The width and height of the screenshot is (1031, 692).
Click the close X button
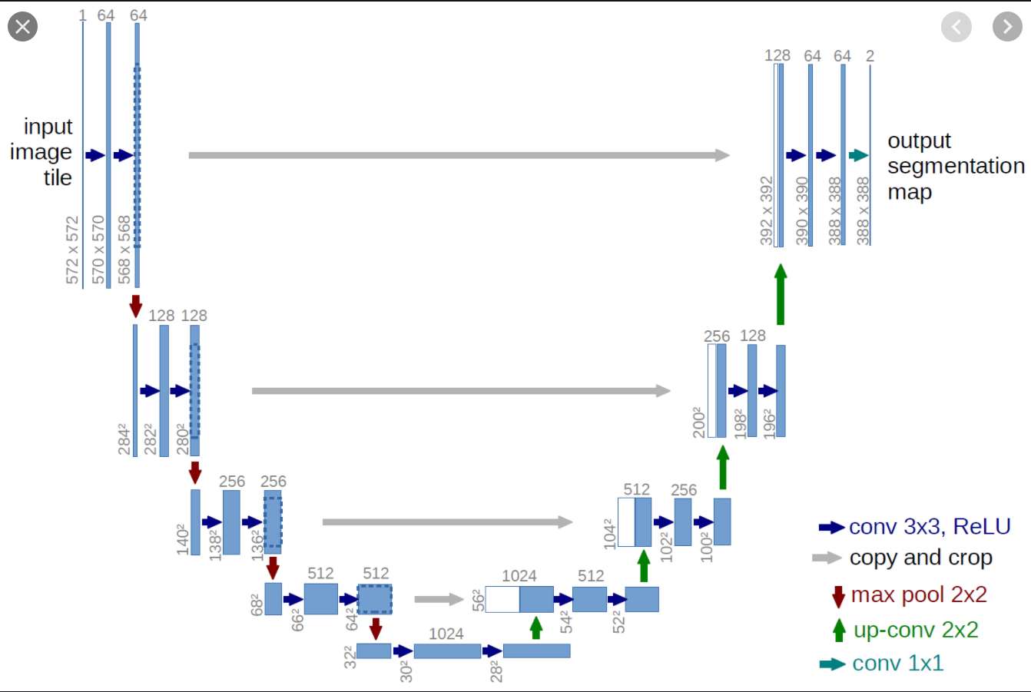[22, 27]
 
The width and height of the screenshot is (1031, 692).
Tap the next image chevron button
[1007, 27]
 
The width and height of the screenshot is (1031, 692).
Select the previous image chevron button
[956, 27]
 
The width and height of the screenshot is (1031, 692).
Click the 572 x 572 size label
[72, 250]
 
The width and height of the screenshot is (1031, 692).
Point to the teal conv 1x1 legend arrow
[833, 664]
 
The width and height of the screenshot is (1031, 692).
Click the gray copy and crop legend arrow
[827, 558]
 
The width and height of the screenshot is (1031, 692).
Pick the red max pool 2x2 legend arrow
[839, 597]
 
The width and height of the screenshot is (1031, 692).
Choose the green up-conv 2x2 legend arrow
[839, 630]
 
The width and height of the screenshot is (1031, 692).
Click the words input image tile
[41, 152]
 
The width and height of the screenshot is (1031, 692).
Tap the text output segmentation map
[956, 167]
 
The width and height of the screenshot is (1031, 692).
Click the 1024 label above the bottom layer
[446, 634]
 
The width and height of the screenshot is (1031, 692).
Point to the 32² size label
[350, 657]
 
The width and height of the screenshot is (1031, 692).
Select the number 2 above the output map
[870, 55]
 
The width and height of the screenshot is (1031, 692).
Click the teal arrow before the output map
[859, 155]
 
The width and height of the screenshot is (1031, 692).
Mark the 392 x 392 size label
[767, 210]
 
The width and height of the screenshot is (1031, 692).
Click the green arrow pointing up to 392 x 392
[781, 294]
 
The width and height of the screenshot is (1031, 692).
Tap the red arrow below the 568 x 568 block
[136, 306]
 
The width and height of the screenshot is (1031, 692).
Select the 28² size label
[496, 671]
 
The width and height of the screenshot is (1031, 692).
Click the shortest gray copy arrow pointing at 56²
[439, 599]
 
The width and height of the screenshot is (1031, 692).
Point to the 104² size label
[609, 535]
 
